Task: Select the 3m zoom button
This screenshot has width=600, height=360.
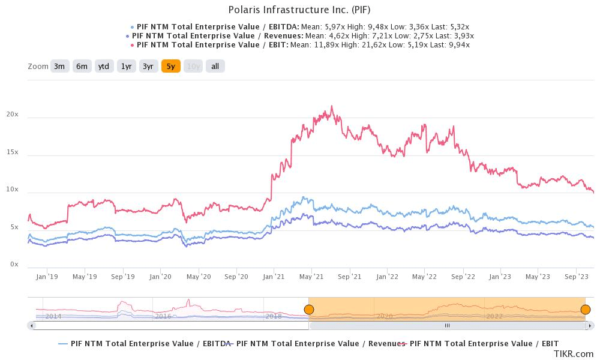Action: point(59,66)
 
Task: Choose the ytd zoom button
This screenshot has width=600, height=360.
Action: point(104,66)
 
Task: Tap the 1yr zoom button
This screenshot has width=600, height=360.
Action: point(126,66)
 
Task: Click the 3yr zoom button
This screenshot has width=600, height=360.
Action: point(148,66)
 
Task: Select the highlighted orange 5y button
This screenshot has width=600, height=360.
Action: point(170,66)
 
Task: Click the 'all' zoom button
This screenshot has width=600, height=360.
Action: point(215,66)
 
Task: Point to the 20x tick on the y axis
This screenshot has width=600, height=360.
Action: point(12,115)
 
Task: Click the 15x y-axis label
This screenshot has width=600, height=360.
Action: point(12,152)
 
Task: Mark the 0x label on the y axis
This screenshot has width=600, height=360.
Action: point(14,265)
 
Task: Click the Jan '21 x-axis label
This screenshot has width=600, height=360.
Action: point(274,277)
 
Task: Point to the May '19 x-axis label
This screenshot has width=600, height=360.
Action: point(85,277)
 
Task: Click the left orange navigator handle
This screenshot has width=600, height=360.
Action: point(308,310)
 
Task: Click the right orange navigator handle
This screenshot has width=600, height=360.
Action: point(585,310)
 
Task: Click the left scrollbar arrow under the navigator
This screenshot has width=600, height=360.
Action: point(31,325)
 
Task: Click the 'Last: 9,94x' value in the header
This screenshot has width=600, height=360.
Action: point(450,45)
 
